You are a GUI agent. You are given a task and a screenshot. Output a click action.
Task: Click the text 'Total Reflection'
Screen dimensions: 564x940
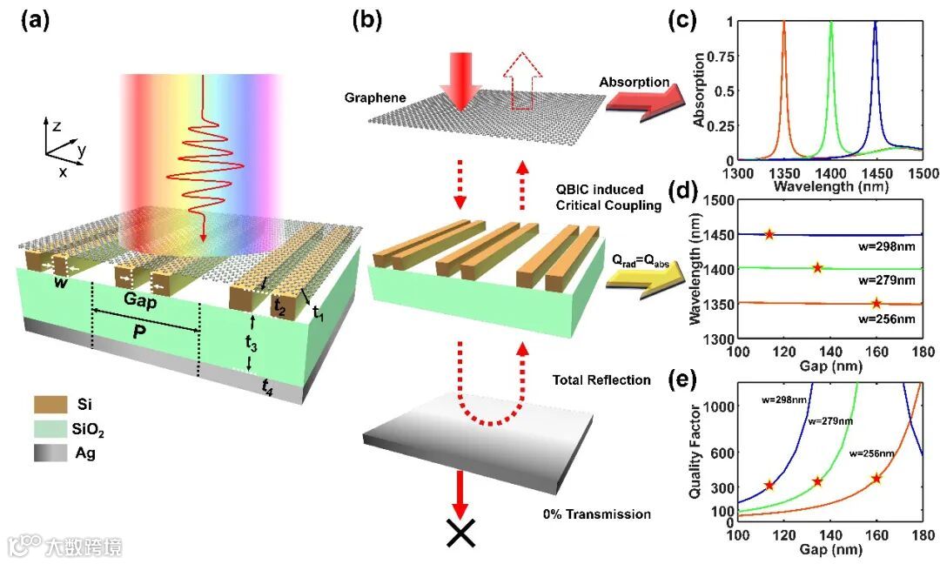[600, 380]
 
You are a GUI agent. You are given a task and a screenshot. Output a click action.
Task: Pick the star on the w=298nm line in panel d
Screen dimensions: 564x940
[769, 234]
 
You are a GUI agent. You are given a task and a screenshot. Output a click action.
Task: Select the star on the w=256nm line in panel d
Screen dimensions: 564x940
[876, 303]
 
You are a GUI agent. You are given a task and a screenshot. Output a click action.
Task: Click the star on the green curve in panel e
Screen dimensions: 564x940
[817, 481]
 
